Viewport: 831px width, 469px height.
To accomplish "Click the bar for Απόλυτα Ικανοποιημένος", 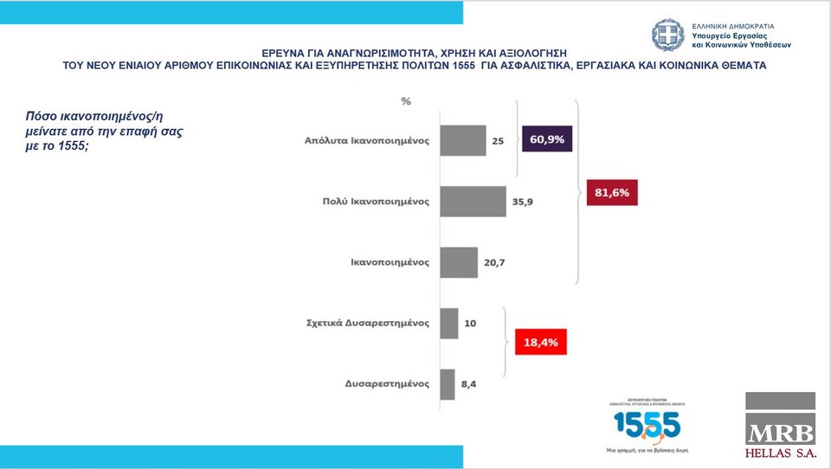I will point(463,141).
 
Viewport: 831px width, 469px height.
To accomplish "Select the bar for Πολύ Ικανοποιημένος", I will point(473,202).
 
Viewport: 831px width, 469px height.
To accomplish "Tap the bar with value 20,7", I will point(459,262).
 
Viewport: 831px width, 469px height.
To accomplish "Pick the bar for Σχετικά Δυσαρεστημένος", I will point(449,323).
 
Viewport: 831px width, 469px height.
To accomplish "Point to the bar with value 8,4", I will point(448,384).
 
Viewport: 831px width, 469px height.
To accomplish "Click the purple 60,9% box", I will point(547,139).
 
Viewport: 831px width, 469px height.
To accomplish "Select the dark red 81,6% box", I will point(610,193).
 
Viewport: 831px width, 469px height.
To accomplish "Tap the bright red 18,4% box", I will point(541,343).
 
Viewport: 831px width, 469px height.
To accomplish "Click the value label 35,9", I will point(523,202).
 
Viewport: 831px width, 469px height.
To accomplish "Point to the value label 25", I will point(499,141).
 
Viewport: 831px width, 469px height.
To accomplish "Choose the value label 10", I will point(470,323).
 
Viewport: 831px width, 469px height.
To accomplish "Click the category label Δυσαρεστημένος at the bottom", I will point(387,384).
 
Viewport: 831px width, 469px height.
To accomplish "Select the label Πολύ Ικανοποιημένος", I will point(370,202).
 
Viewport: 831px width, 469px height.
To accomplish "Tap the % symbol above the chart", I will point(406,101).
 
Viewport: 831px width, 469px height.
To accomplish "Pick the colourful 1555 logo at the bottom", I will point(647,425).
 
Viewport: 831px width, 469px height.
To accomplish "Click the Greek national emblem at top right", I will point(668,35).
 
